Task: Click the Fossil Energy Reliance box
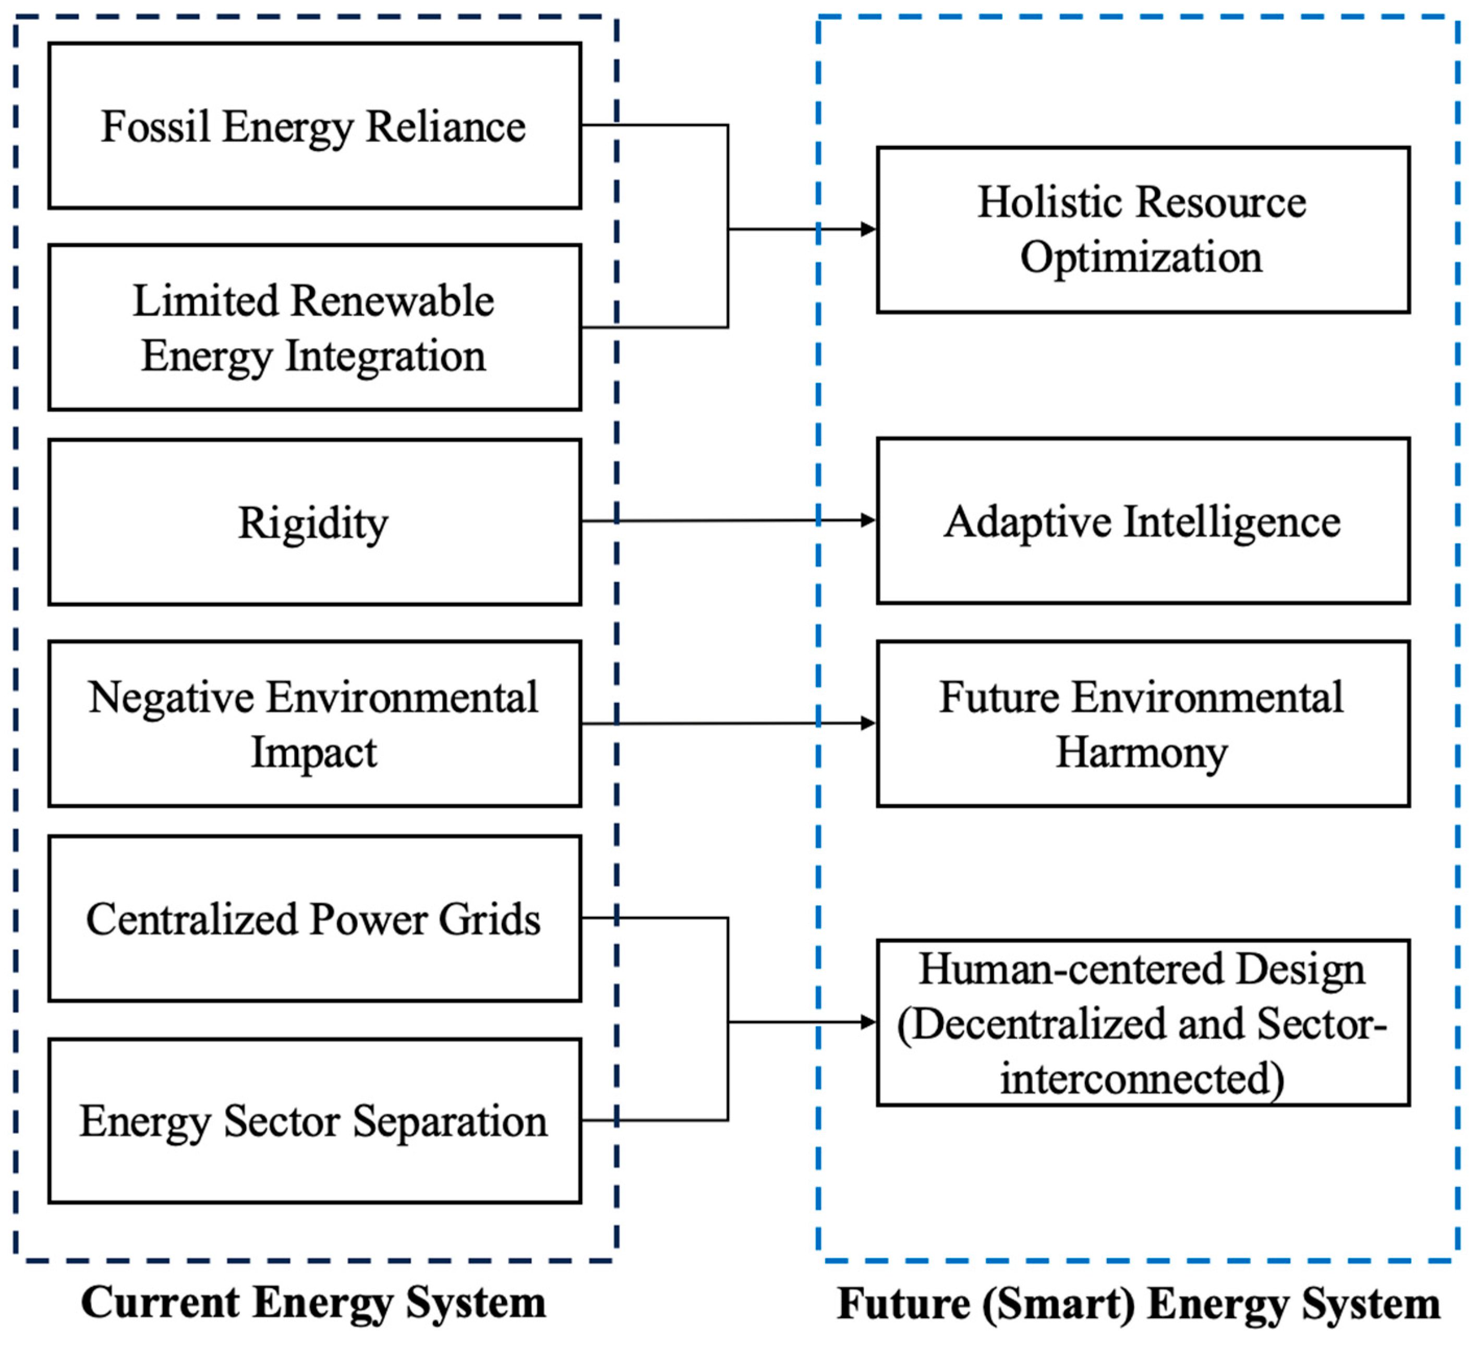pos(315,126)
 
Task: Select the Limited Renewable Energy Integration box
pos(315,327)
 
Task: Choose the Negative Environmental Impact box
pos(315,724)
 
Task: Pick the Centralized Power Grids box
pos(315,918)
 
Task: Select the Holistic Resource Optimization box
pos(1143,230)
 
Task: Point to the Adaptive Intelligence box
pos(1143,521)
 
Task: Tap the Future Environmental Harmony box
pos(1143,724)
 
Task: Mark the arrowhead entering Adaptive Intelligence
pos(868,520)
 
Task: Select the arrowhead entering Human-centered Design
pos(868,1022)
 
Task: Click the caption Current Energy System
pos(313,1303)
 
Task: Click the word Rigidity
pos(313,524)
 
